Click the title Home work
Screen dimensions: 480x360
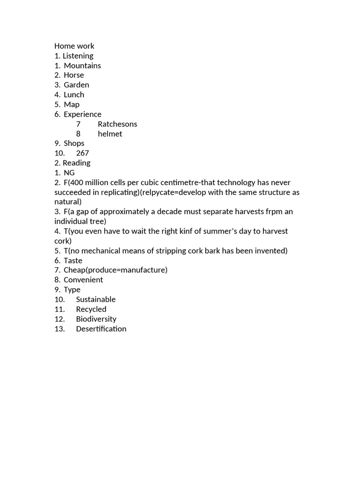[74, 46]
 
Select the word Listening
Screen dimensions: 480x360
[78, 56]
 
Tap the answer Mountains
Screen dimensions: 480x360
[82, 66]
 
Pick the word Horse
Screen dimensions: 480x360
[74, 75]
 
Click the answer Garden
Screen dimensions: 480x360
[76, 85]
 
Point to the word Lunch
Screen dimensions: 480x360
[74, 95]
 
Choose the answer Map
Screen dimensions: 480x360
[72, 105]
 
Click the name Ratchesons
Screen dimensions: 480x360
[117, 124]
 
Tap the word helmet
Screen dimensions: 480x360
[110, 134]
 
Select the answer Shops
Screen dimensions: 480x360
[74, 143]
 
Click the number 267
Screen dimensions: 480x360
[82, 153]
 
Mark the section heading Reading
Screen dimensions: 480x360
[76, 163]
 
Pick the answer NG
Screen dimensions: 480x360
[69, 173]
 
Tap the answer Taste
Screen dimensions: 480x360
[73, 261]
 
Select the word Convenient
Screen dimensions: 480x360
[83, 280]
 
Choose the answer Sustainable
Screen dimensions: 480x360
[96, 300]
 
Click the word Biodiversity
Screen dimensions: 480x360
[96, 319]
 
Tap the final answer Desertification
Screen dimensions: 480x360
[101, 329]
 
